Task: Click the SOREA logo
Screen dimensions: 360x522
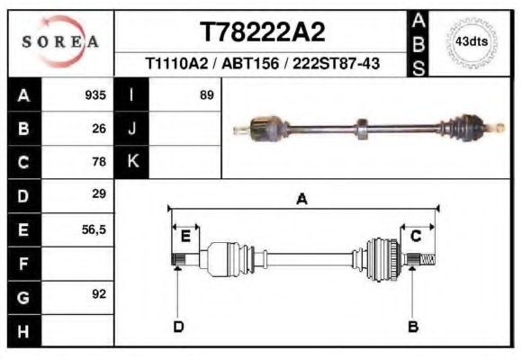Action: [60, 41]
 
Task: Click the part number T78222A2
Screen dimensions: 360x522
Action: [262, 32]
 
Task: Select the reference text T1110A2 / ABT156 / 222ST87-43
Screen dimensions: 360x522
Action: [262, 65]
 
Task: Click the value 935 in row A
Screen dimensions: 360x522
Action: [95, 94]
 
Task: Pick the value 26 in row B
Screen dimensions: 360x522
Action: [99, 128]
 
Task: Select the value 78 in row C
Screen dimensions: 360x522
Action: [99, 162]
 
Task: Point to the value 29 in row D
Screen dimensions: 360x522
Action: [99, 194]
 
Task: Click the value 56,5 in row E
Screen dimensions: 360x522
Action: [94, 229]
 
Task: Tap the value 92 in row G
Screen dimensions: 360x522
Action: [99, 294]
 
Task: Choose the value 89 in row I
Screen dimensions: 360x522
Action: [206, 94]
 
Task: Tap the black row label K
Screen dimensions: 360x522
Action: [132, 162]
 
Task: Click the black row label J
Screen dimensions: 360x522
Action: [132, 128]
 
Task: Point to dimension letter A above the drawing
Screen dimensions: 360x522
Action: [301, 199]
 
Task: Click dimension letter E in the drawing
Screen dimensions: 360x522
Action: [185, 236]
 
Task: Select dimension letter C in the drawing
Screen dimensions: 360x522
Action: [416, 236]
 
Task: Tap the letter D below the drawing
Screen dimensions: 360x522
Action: [177, 326]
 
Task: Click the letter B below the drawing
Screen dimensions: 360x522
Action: [413, 326]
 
